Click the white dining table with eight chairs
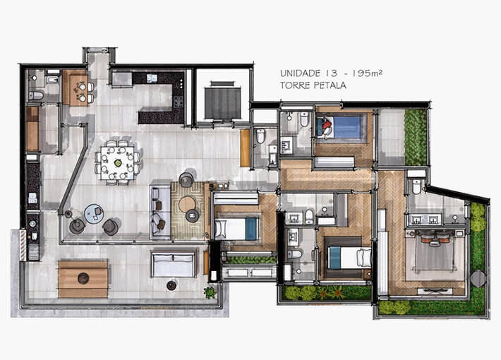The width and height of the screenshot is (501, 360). pyautogui.click(x=118, y=162)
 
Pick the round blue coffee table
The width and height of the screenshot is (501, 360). pyautogui.click(x=93, y=212)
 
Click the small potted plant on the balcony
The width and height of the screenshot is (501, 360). pyautogui.click(x=210, y=292)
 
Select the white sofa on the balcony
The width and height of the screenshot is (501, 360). pyautogui.click(x=173, y=264)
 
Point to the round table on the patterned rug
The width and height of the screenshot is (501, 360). pyautogui.click(x=188, y=205)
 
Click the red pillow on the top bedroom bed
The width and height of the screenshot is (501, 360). pyautogui.click(x=326, y=128)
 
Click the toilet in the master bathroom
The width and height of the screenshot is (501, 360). pyautogui.click(x=416, y=186)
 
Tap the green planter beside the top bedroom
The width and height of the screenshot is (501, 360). pyautogui.click(x=416, y=136)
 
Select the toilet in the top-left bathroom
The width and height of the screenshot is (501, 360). pyautogui.click(x=36, y=96)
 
